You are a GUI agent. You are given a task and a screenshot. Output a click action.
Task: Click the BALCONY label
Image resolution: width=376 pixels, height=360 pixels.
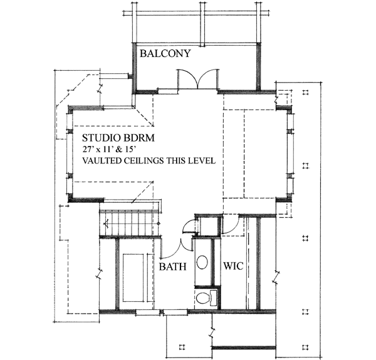165,53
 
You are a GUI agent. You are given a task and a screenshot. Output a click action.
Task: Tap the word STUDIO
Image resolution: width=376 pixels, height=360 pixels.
101,138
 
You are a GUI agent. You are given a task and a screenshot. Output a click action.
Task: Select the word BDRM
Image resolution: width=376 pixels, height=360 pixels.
139,138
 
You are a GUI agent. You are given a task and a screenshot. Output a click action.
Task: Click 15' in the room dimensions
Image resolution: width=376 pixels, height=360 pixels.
127,150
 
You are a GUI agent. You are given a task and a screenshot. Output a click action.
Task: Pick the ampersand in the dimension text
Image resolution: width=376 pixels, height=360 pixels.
118,150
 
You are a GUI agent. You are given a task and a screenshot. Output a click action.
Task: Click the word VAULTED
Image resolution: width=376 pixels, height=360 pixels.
102,160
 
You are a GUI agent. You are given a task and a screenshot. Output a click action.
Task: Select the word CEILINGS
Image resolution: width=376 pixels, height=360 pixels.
144,160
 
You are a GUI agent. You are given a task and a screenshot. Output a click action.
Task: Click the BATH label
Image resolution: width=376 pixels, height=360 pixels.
173,266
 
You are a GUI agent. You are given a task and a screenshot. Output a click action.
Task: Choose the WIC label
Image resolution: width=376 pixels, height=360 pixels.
233,266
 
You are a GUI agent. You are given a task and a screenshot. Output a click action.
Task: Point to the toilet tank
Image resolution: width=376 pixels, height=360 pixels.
214,298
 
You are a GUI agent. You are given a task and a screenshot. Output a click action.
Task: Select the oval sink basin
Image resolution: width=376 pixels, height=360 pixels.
202,262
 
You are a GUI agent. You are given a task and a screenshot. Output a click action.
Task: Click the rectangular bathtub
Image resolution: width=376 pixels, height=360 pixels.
133,277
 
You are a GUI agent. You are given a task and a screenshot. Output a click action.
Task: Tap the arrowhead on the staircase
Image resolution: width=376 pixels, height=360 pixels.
106,224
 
